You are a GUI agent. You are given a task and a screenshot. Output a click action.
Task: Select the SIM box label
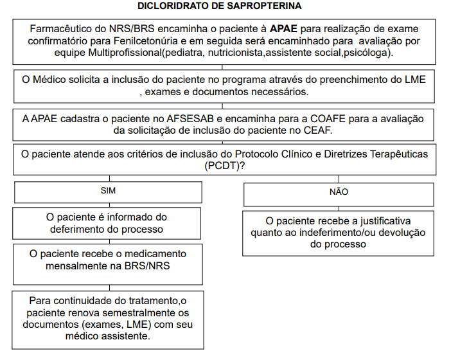coord(109,191)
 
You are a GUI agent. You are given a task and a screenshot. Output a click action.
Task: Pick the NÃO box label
coord(339,192)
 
